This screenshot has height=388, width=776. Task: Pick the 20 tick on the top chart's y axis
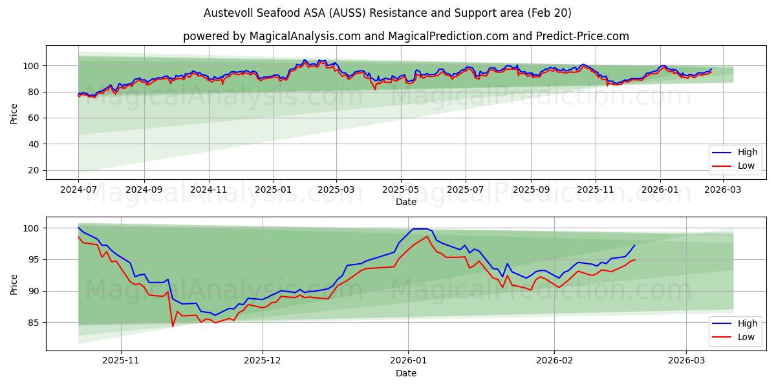click(33, 171)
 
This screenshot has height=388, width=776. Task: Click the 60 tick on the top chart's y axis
click(33, 118)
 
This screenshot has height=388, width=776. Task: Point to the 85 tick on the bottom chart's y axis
click(33, 323)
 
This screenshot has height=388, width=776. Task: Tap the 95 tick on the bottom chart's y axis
click(33, 260)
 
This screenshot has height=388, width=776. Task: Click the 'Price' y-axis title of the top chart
click(14, 113)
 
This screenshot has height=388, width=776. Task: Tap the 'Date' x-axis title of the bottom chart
click(405, 373)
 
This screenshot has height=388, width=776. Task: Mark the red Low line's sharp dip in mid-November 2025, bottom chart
click(173, 327)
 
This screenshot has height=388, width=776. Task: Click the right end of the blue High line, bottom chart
click(634, 245)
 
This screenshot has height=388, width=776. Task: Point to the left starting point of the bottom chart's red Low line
click(78, 237)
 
